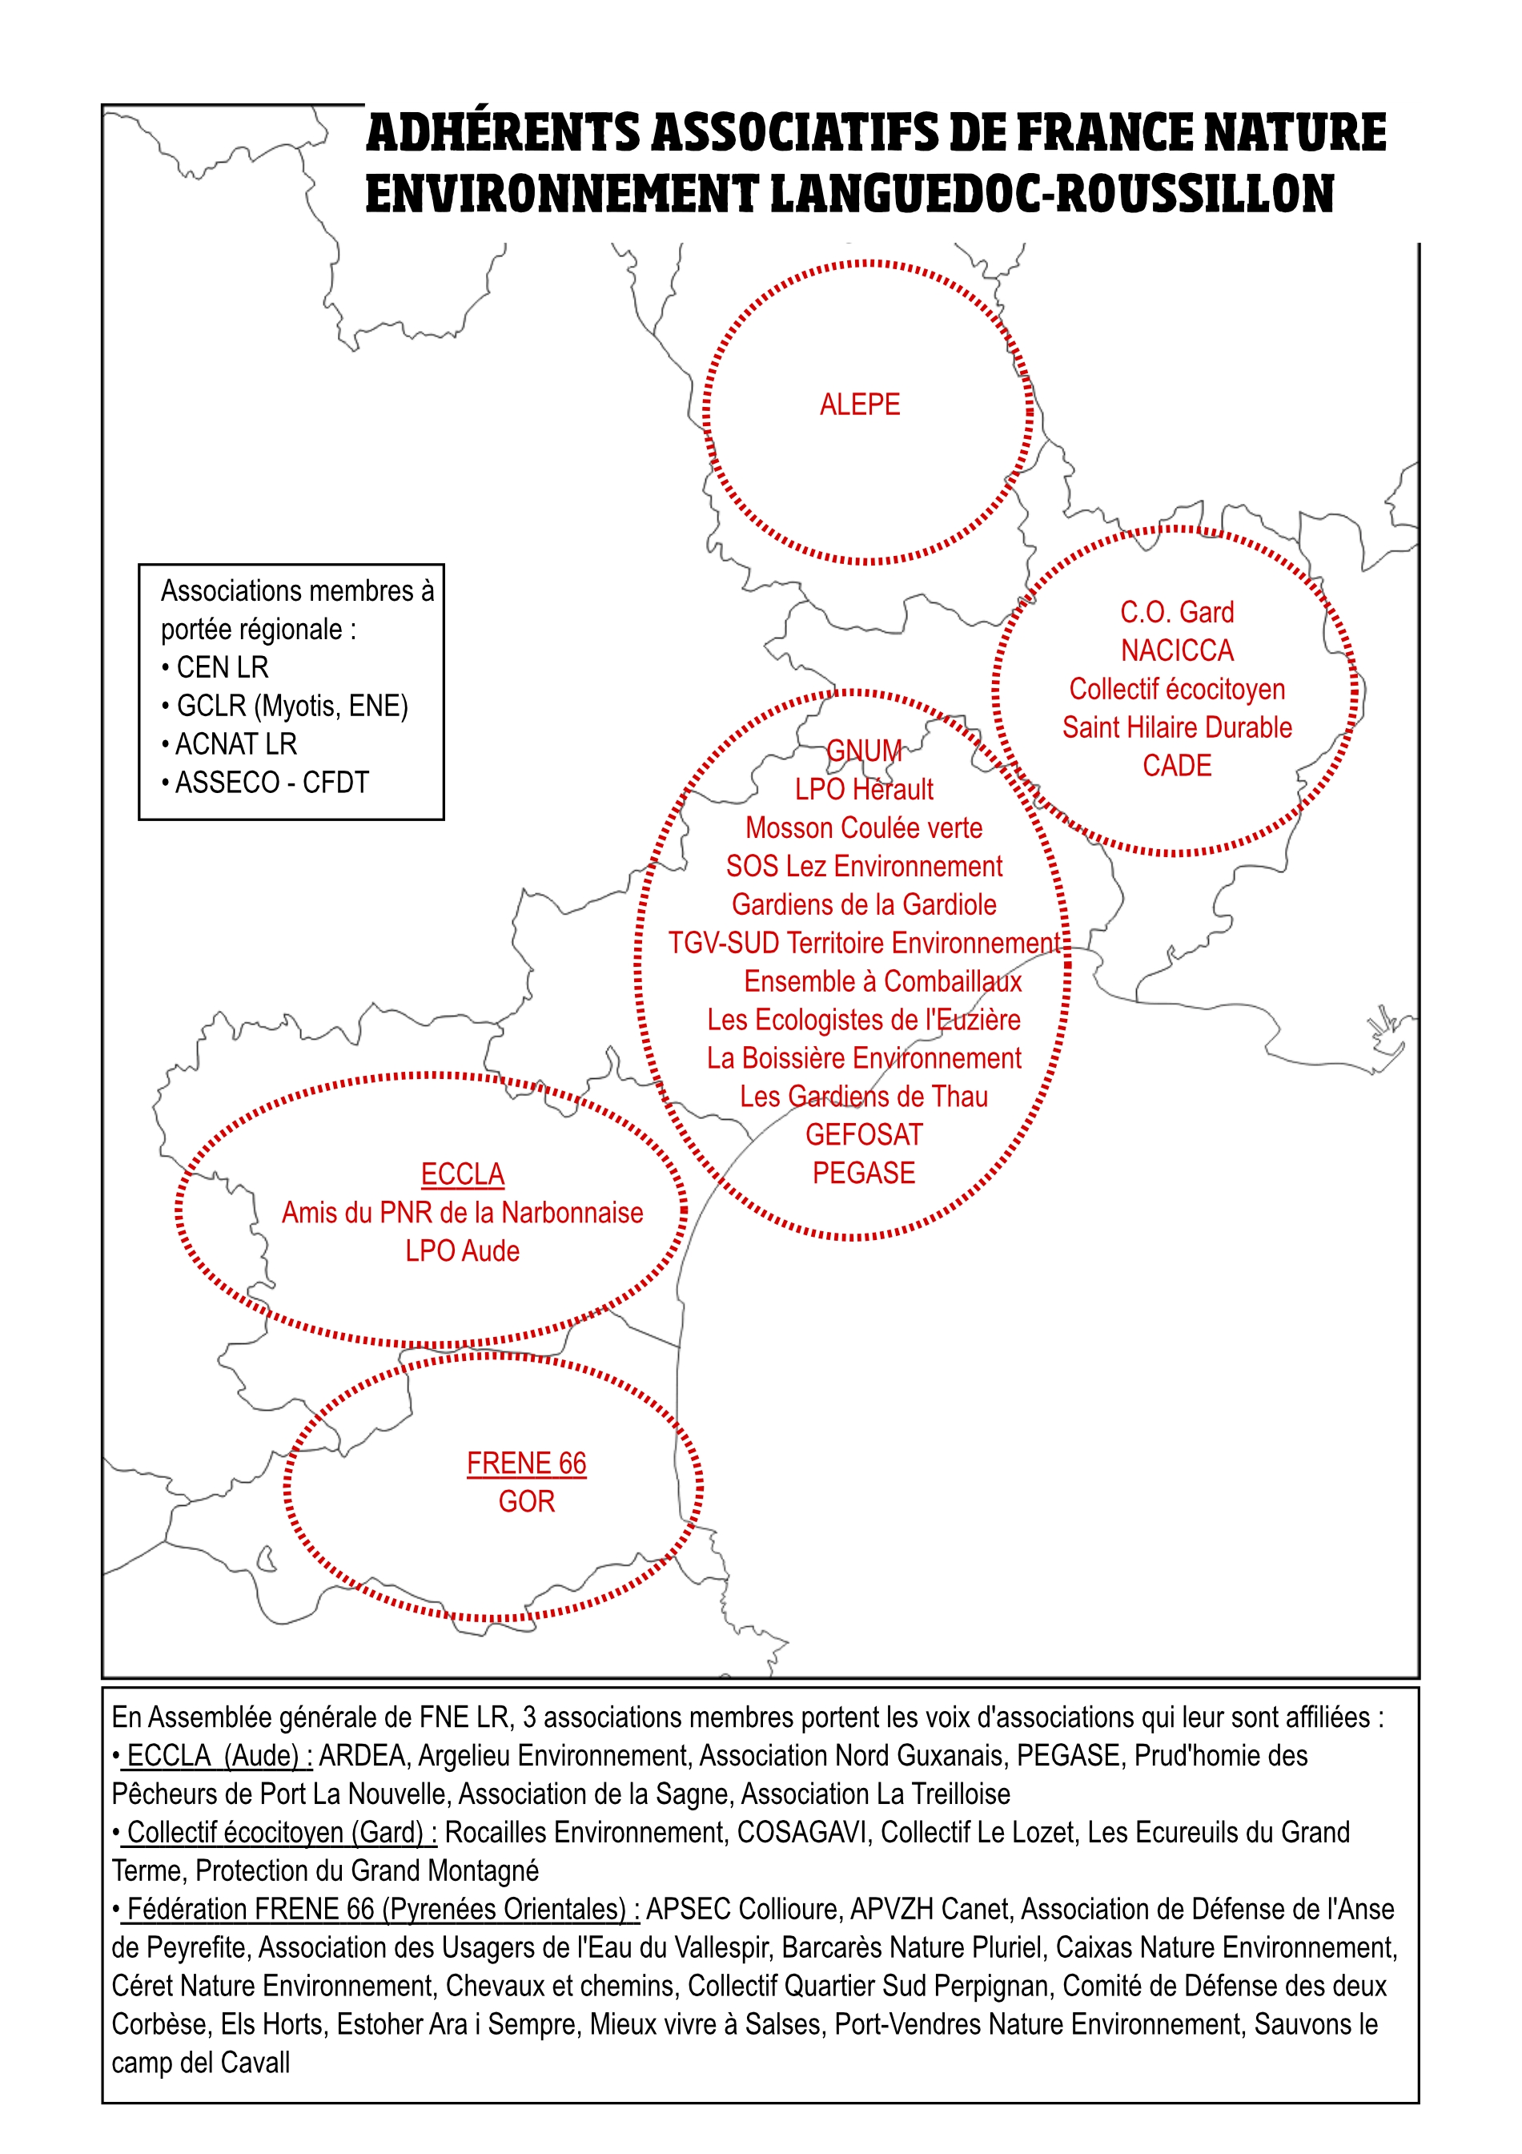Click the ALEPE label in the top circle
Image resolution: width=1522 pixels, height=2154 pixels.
tap(859, 405)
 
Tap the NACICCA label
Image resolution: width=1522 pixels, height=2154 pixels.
tap(1177, 650)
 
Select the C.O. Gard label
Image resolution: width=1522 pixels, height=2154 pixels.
tap(1177, 612)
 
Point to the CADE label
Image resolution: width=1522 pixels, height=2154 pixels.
tap(1177, 766)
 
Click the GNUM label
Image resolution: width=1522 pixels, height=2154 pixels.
tap(864, 751)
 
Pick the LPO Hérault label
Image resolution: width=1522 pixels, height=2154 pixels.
tap(864, 789)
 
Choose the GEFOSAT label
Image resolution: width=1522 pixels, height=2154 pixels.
tap(864, 1134)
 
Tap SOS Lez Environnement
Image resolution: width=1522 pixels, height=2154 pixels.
tap(864, 866)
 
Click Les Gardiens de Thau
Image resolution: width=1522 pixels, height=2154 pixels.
tap(864, 1096)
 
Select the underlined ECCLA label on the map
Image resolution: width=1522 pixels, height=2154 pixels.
tap(462, 1174)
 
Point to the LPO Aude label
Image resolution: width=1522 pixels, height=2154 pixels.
tap(462, 1250)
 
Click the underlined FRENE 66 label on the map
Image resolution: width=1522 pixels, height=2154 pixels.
tap(526, 1463)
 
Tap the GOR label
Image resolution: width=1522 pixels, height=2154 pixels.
tap(526, 1501)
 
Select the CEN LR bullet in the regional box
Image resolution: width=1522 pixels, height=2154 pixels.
tap(223, 667)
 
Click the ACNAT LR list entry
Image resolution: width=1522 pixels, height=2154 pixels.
tap(235, 744)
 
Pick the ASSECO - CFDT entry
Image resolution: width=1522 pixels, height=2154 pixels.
tap(272, 783)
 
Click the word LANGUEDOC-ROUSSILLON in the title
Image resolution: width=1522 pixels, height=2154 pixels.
tap(1051, 193)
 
